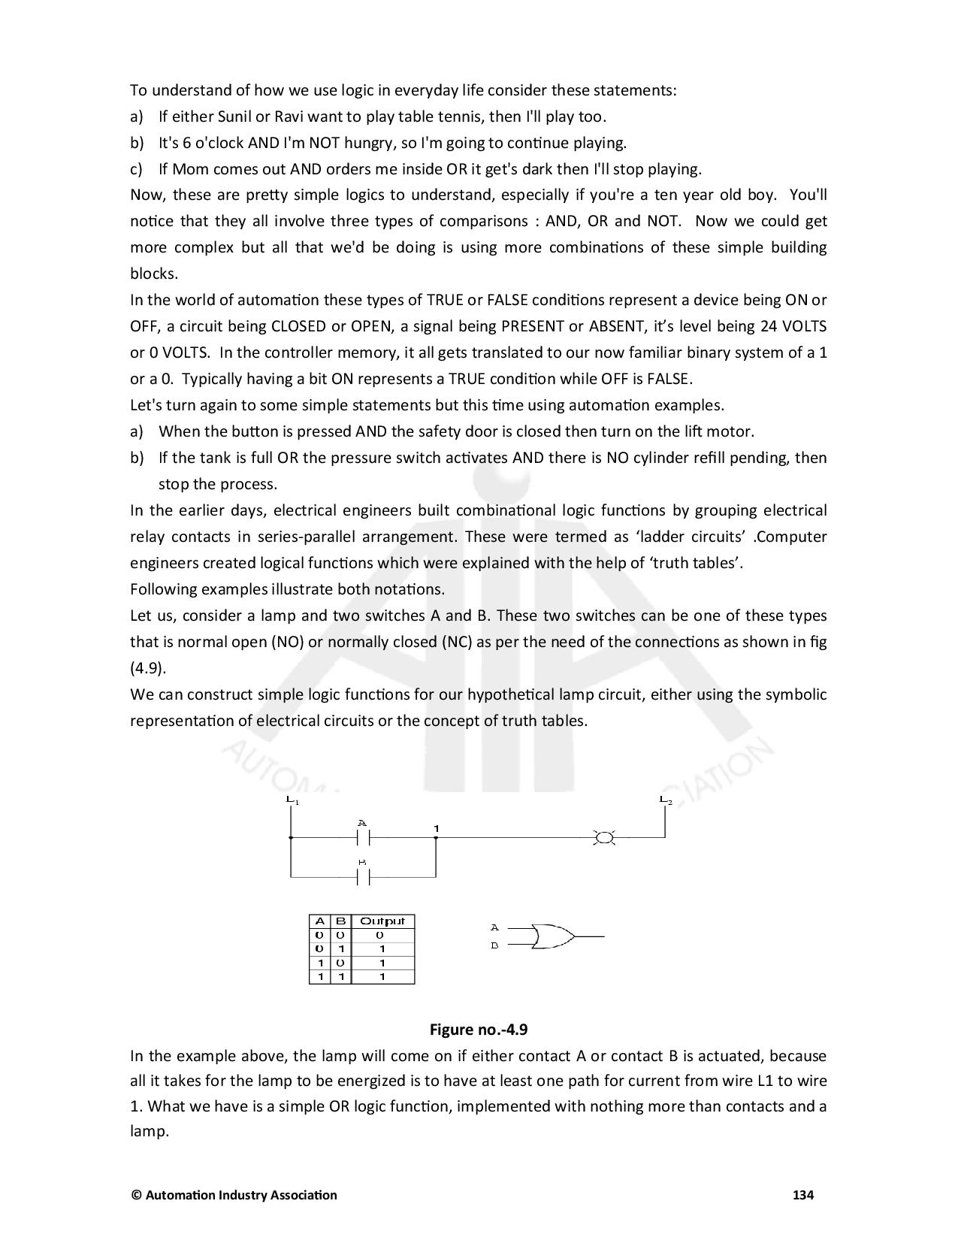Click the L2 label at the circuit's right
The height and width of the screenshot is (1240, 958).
(x=665, y=799)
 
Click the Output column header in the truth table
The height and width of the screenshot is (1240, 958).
(x=382, y=921)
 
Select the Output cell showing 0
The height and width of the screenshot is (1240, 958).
(x=380, y=935)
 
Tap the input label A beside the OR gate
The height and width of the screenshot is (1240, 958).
(x=494, y=927)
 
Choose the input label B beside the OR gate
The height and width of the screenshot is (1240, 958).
(x=494, y=945)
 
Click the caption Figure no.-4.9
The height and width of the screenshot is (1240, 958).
(x=479, y=1029)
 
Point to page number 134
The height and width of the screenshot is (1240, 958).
(x=803, y=1194)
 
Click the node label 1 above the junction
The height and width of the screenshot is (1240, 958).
(x=436, y=828)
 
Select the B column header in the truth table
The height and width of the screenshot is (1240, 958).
(x=340, y=921)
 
